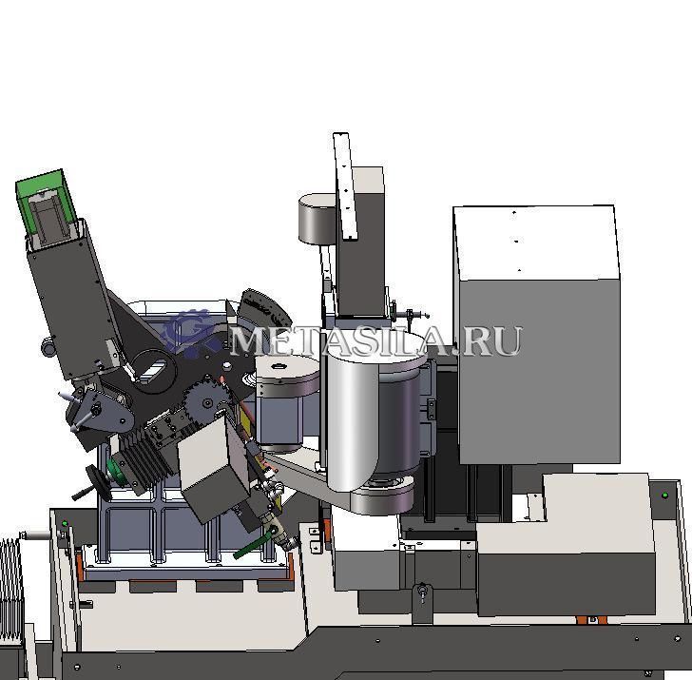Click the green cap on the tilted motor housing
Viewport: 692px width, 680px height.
(x=46, y=204)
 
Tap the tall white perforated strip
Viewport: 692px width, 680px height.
(x=345, y=186)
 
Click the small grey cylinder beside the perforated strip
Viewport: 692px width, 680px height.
(x=317, y=219)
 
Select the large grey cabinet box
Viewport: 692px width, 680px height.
(x=536, y=334)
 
